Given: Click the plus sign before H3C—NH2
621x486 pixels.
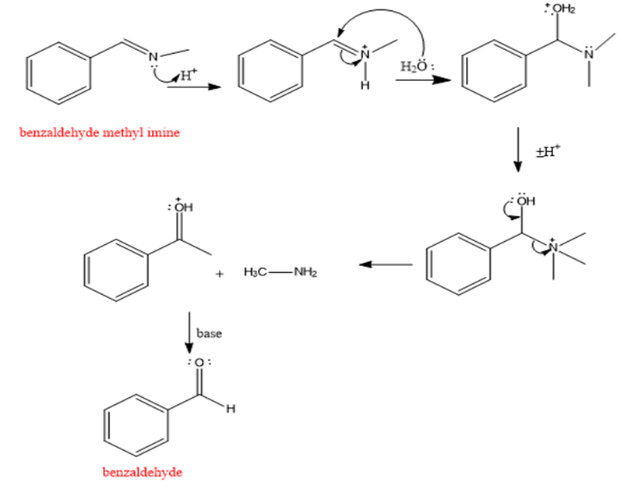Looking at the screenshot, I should [x=221, y=274].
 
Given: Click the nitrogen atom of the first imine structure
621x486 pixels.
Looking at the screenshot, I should [x=153, y=56].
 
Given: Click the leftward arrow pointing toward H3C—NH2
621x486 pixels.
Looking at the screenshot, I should [x=386, y=265].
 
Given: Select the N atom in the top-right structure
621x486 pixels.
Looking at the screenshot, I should [x=589, y=53].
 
